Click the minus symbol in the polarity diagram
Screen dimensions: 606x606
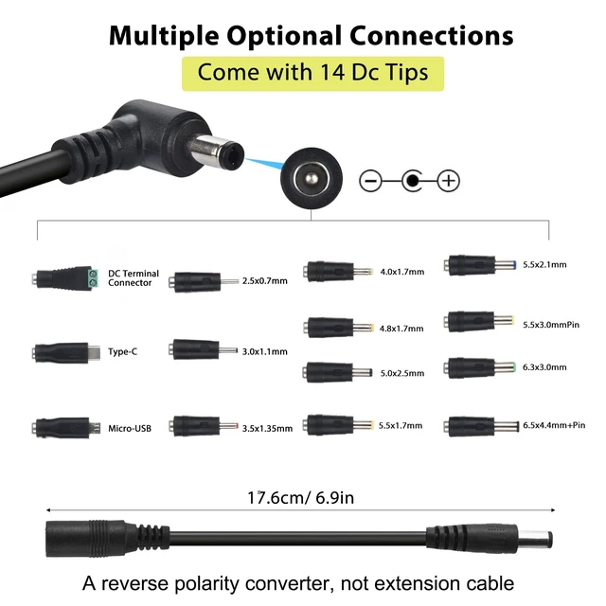370,181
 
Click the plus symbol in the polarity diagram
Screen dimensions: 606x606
448,181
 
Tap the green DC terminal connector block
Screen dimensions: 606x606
93,278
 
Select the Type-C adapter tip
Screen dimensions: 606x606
66,352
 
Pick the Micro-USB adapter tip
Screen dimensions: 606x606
66,428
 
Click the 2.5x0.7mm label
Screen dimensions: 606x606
265,281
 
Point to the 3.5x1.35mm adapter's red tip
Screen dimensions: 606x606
236,426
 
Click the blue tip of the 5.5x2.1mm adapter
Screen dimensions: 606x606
513,265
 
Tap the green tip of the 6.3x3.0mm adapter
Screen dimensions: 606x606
513,366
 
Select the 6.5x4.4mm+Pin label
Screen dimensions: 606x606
554,425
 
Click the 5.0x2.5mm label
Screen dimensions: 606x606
401,373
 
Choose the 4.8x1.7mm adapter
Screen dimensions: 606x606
338,328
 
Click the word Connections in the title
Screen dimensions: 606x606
432,36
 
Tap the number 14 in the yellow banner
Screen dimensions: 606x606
332,72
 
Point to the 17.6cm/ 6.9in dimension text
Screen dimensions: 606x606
301,497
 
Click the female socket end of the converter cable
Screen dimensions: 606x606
69,539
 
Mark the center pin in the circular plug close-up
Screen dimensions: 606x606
312,179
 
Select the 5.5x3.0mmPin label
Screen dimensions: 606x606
551,325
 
